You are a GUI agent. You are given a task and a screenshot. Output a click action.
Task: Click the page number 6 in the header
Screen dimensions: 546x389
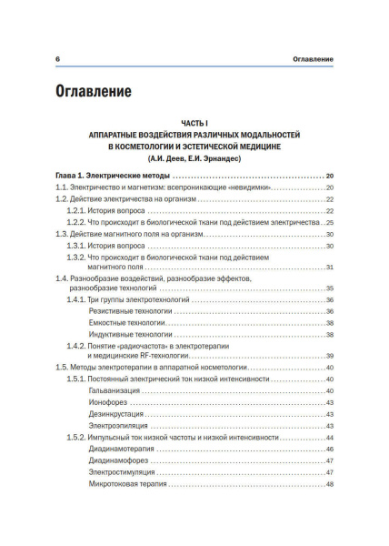pyautogui.click(x=57, y=59)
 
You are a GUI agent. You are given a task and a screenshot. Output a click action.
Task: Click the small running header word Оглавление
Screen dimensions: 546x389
pyautogui.click(x=307, y=59)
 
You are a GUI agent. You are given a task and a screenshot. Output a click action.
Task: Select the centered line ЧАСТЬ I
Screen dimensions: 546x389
pyautogui.click(x=194, y=122)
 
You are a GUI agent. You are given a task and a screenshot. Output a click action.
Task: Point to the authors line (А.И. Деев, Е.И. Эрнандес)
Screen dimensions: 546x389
pyautogui.click(x=194, y=157)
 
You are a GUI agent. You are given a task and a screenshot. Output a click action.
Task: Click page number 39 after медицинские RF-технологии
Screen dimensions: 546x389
pyautogui.click(x=330, y=356)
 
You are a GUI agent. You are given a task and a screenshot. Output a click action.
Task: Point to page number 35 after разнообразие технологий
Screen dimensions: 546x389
pyautogui.click(x=330, y=288)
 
